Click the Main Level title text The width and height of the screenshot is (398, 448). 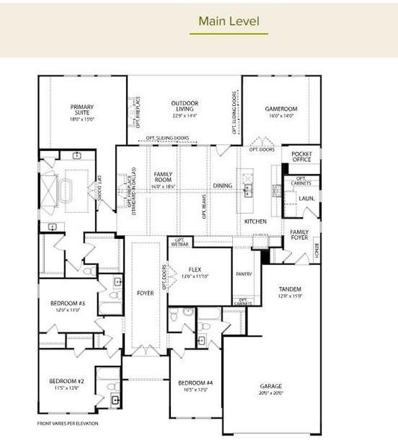pos(228,21)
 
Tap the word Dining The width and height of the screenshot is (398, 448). pos(223,185)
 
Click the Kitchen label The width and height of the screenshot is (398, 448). pos(255,222)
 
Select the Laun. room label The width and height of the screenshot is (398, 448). pos(305,199)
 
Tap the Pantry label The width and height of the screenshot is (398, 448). pos(243,274)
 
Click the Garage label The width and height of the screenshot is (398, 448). pos(272,390)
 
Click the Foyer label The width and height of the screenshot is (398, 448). pos(146,293)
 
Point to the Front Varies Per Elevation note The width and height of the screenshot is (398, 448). pos(68,423)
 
